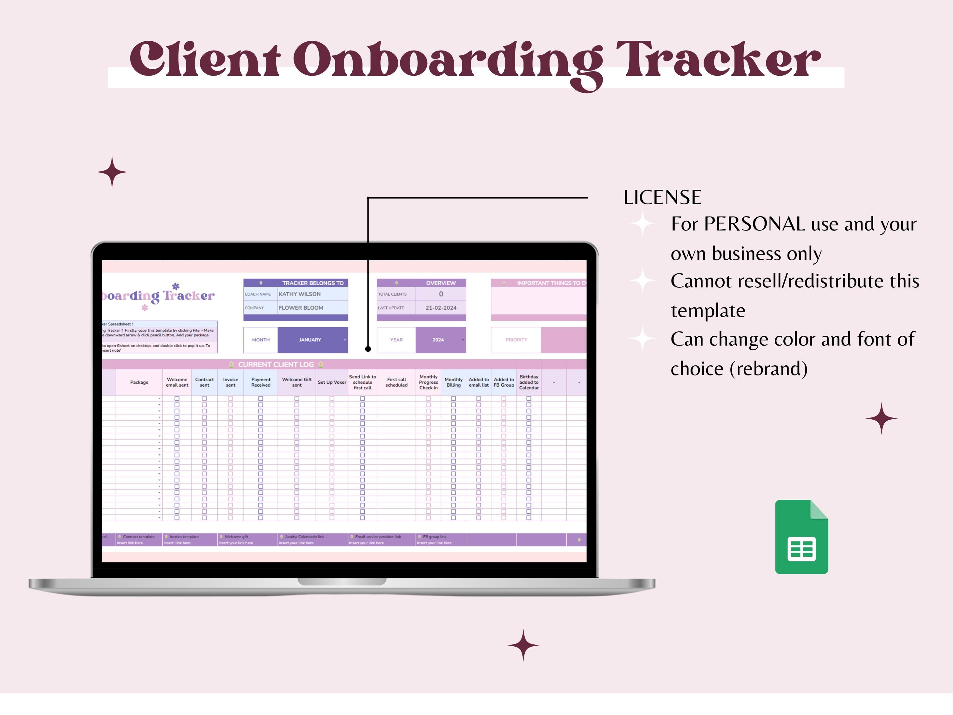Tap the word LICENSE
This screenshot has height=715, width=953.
tap(662, 197)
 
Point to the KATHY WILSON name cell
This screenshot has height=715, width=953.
tap(300, 294)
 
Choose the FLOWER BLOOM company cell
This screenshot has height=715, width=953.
tap(301, 308)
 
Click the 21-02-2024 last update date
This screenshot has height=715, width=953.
tap(441, 308)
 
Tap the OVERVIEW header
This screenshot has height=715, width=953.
tap(441, 283)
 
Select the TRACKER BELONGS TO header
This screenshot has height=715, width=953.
tap(313, 283)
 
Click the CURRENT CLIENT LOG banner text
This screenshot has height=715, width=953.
tap(276, 364)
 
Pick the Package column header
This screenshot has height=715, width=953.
tap(139, 382)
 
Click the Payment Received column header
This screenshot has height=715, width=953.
tap(261, 382)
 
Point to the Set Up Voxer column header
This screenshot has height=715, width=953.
tap(332, 382)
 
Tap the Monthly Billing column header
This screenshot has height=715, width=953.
tap(453, 382)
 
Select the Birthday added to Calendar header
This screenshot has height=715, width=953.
tap(529, 382)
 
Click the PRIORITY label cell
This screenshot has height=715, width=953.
tap(516, 340)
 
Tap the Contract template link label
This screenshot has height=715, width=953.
tap(138, 537)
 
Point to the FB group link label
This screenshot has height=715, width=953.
tap(434, 537)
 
